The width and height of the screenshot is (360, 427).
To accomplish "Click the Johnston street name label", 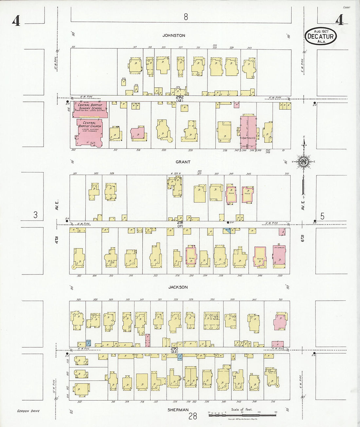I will pyautogui.click(x=174, y=35).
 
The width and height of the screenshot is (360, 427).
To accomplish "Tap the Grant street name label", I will pyautogui.click(x=183, y=162).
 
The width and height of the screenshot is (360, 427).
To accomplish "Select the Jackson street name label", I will pyautogui.click(x=178, y=287).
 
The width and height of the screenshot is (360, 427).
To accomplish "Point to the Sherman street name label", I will pyautogui.click(x=178, y=410).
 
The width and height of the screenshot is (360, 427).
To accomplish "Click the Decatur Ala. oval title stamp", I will pyautogui.click(x=321, y=36).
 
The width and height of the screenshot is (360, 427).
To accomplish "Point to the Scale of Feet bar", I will pyautogui.click(x=242, y=415).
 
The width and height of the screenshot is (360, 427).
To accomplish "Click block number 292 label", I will pyautogui.click(x=179, y=97).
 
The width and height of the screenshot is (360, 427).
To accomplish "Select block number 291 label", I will pyautogui.click(x=180, y=222).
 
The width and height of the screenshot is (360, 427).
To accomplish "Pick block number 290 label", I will pyautogui.click(x=174, y=348).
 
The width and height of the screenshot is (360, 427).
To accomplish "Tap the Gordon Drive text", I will pyautogui.click(x=28, y=411).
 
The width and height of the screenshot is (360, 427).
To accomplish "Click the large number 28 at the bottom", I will pyautogui.click(x=193, y=416).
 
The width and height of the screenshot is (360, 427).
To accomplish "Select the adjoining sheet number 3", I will pyautogui.click(x=35, y=215).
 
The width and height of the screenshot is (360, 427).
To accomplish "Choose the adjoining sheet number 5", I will pyautogui.click(x=322, y=216).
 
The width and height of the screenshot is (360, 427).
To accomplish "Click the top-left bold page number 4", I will pyautogui.click(x=16, y=21).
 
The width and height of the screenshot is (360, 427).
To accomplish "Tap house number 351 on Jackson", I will pyautogui.click(x=280, y=300).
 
